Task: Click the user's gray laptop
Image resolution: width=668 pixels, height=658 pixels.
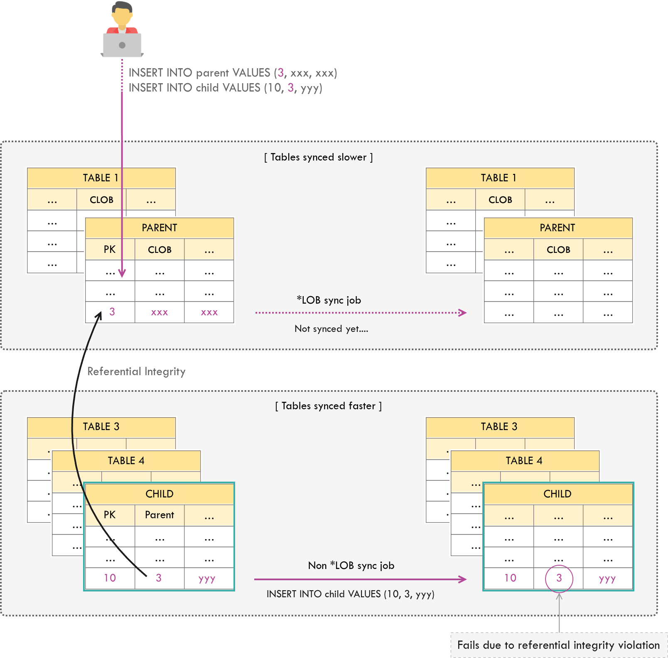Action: [122, 45]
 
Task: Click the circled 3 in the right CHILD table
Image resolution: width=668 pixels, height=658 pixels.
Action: [559, 578]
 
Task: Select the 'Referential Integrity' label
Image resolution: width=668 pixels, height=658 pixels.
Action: [136, 371]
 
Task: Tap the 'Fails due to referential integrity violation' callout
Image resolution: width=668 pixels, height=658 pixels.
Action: [558, 645]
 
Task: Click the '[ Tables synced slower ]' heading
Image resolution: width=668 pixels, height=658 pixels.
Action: [318, 157]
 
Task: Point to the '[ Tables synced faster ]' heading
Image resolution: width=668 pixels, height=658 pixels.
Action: [328, 406]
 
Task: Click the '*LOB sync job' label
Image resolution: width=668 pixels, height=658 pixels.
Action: [329, 300]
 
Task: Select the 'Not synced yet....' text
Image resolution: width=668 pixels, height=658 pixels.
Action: [331, 329]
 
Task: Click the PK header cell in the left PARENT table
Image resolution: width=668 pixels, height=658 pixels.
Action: [110, 250]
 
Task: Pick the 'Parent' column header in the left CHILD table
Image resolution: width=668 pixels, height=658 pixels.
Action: [160, 515]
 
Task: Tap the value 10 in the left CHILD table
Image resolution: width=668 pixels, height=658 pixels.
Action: [110, 578]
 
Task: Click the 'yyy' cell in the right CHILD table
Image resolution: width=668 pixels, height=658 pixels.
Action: [607, 578]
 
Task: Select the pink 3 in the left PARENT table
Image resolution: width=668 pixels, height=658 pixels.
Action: [112, 312]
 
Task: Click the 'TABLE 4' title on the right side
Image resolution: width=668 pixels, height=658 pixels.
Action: [524, 460]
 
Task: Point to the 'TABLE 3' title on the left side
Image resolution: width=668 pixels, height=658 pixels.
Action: [101, 427]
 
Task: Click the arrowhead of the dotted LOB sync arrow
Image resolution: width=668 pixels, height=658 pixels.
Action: [463, 313]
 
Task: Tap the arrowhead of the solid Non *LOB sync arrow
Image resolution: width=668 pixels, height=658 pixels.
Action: [463, 579]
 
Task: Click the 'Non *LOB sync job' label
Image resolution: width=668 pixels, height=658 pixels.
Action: [351, 566]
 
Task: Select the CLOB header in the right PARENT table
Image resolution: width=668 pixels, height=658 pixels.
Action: [558, 250]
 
